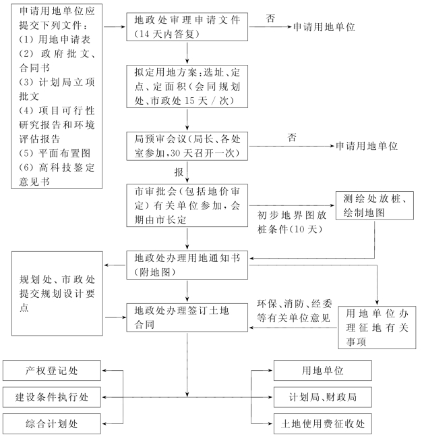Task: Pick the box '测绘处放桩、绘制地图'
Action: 374,205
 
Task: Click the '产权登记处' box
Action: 53,370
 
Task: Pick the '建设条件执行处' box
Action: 53,396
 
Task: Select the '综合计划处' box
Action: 53,423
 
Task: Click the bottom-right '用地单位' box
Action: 322,370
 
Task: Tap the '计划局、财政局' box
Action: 322,396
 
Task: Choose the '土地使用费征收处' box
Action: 322,423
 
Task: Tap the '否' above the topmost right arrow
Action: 270,18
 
